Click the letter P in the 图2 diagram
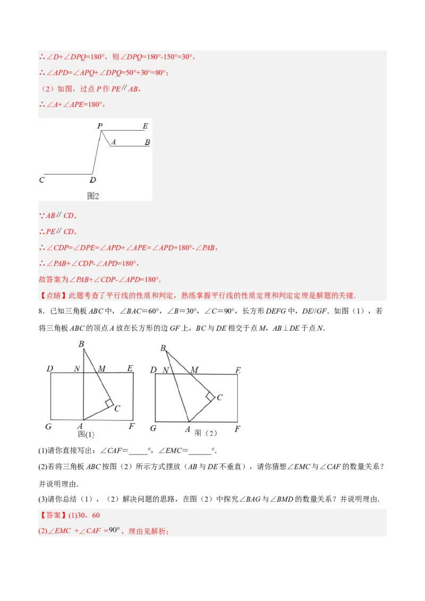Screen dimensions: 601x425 100,126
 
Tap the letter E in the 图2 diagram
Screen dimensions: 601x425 145,126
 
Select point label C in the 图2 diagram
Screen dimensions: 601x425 42,180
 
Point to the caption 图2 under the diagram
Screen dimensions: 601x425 93,196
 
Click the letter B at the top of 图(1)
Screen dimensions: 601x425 81,344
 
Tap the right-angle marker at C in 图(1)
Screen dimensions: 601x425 109,403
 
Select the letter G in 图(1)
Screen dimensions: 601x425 48,426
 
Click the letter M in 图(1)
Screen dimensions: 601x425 101,368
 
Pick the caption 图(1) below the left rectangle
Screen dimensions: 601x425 86,434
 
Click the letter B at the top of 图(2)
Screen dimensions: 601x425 163,348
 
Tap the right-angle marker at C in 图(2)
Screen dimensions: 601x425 210,396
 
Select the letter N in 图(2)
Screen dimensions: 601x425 166,370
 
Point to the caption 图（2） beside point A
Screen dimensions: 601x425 206,433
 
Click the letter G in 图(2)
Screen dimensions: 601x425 153,428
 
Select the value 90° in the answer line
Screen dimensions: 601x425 115,530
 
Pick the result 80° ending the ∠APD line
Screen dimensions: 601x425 161,73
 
